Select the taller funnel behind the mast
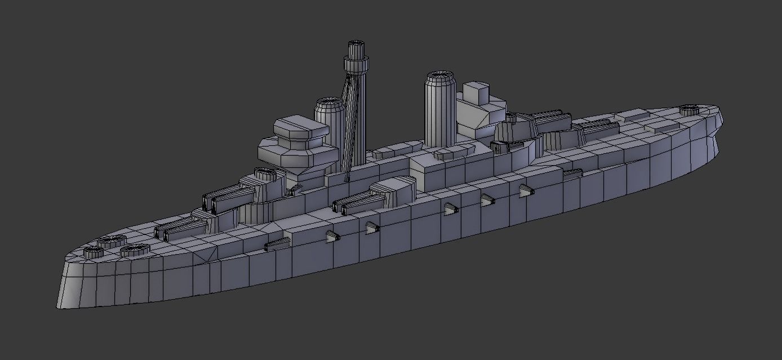440,110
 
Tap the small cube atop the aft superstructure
477,92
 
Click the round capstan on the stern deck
688,110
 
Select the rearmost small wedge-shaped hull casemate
525,190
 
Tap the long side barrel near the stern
572,174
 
